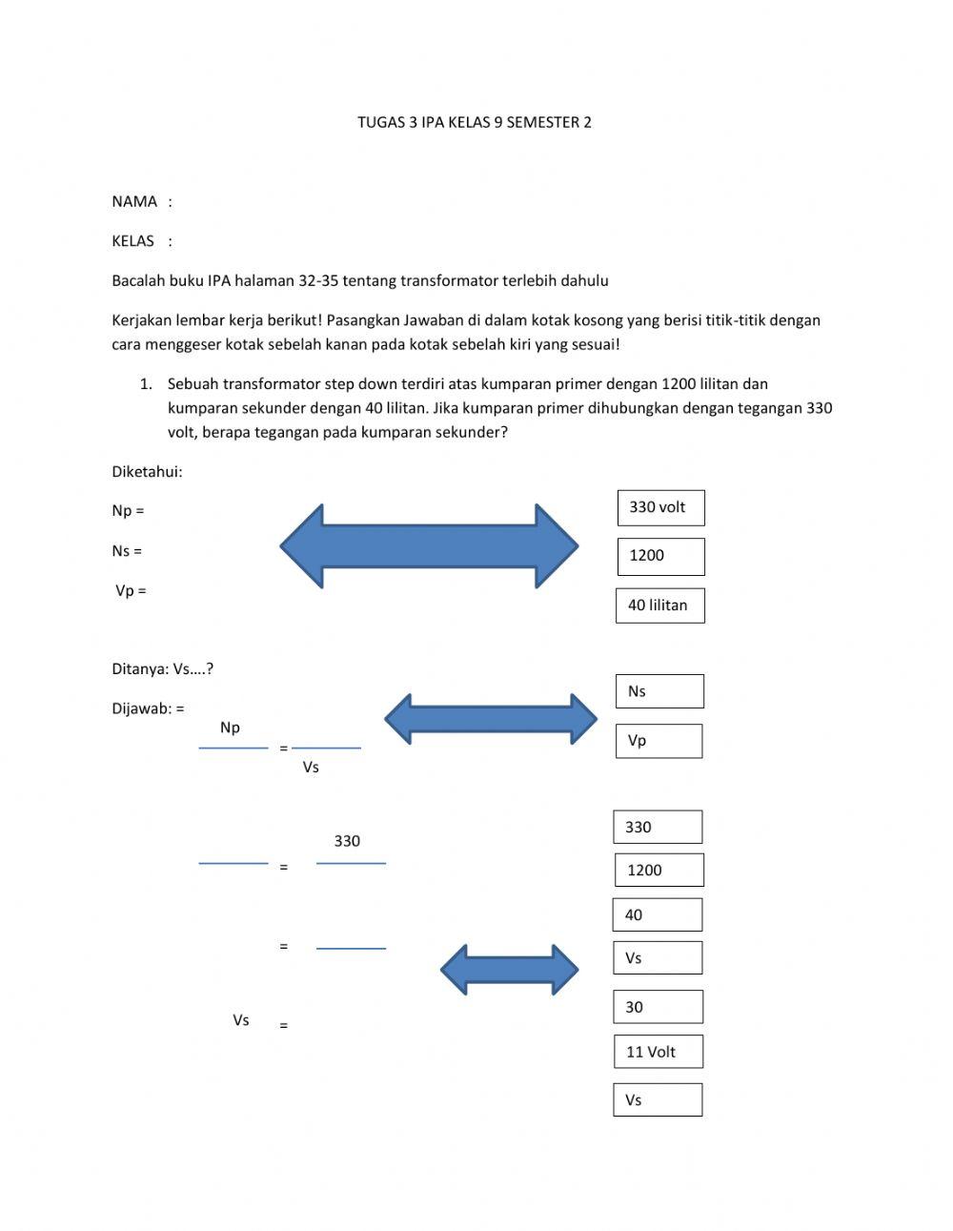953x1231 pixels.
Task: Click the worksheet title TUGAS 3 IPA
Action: (474, 122)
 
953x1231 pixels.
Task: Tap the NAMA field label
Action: (134, 201)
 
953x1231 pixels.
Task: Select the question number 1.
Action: (146, 384)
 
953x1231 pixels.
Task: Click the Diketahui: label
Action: (147, 471)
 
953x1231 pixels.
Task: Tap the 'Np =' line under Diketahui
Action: (128, 511)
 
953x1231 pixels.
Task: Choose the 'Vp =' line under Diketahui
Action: (131, 591)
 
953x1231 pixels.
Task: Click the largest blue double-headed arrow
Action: (429, 546)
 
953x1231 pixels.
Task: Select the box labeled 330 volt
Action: (660, 507)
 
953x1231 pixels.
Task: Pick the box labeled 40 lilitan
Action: (659, 605)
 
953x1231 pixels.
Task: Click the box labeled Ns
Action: (659, 691)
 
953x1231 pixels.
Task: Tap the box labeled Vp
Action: (659, 741)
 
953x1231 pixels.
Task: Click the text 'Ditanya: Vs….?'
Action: (162, 669)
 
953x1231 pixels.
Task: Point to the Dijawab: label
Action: (148, 708)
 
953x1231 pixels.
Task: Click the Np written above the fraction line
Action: (230, 728)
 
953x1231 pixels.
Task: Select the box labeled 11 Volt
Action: (658, 1052)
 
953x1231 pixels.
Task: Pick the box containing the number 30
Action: (658, 1007)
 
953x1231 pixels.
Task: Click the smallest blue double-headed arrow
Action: (509, 971)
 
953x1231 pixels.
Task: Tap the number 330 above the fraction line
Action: (347, 841)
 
